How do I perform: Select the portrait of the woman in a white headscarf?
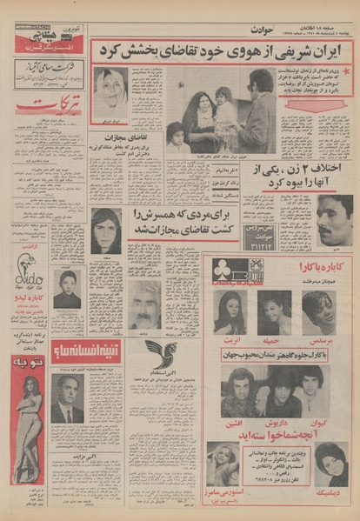(x=110, y=90)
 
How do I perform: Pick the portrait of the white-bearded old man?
(x=144, y=304)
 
